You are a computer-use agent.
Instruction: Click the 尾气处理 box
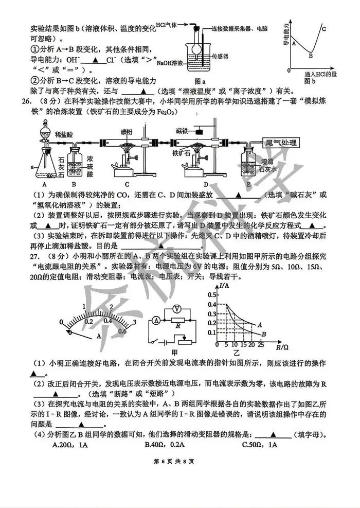(x=280, y=143)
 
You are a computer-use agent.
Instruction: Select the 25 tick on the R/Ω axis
(x=261, y=344)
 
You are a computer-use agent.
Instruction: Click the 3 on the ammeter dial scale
(x=134, y=323)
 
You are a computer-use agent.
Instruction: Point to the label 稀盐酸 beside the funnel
(x=63, y=134)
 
